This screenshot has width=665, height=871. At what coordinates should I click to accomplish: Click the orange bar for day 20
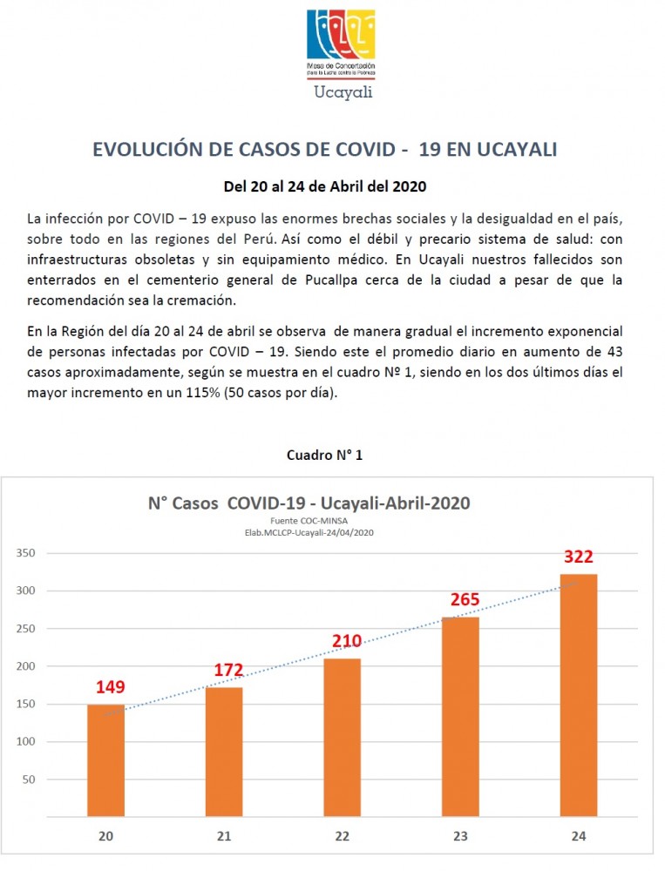tap(105, 760)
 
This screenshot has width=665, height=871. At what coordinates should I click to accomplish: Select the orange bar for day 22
tap(342, 737)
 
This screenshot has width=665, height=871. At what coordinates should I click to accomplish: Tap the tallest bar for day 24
tap(579, 694)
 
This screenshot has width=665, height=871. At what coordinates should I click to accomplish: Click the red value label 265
tap(465, 600)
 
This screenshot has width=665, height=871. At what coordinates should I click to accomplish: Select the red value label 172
tap(228, 671)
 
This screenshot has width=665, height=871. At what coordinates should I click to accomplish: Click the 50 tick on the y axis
tap(29, 780)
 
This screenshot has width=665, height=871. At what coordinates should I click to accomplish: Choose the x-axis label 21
tap(224, 836)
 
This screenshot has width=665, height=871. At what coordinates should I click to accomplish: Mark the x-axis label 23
tap(460, 836)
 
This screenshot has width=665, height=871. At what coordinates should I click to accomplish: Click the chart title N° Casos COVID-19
tap(309, 503)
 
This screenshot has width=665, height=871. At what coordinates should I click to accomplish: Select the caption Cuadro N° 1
tap(324, 455)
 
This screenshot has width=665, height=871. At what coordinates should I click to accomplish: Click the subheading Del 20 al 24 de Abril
tap(324, 186)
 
